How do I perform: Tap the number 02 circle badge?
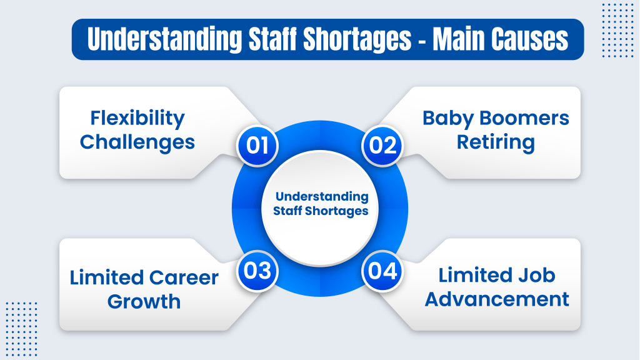click(x=382, y=145)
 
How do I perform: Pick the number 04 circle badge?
click(x=382, y=271)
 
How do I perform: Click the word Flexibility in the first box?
click(x=137, y=118)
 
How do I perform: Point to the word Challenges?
click(x=137, y=142)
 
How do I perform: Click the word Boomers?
click(x=522, y=118)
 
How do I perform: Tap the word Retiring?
click(x=496, y=142)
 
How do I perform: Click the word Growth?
click(x=144, y=301)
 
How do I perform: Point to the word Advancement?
click(x=497, y=299)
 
